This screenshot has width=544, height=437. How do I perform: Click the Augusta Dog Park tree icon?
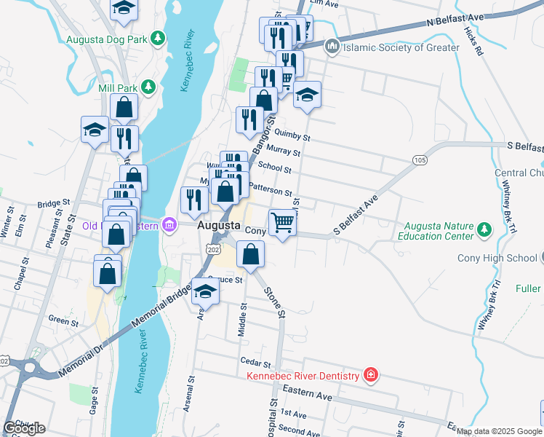(156, 39)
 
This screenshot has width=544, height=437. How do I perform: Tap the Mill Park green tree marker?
(148, 87)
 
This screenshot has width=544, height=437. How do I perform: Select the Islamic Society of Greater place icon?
(332, 47)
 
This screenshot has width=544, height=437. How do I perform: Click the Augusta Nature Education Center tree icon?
(484, 232)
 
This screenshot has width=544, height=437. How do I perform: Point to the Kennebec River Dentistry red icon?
(371, 375)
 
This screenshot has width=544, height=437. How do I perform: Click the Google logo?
(24, 428)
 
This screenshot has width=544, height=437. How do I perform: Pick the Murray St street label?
(283, 151)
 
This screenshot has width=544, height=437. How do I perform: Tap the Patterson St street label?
(270, 190)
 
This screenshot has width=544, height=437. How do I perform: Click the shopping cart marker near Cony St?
(282, 222)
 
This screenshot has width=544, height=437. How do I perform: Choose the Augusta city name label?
(216, 227)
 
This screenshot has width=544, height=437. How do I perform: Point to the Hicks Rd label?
(476, 44)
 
